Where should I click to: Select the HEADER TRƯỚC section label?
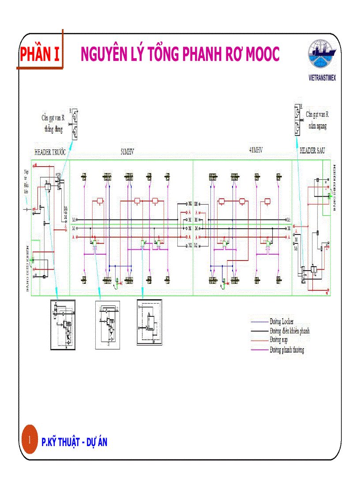coord(50,152)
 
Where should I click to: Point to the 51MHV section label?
coord(127,151)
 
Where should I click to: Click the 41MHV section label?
coord(255,150)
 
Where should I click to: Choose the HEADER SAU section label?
coord(312,151)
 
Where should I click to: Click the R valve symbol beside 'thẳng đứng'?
coord(75,124)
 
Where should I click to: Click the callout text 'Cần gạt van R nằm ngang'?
coord(317,120)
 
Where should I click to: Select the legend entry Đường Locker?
coord(281,322)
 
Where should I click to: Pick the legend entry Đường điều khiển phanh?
coord(289,331)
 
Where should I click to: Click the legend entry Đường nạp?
coord(279,340)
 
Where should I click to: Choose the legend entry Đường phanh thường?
coord(287,350)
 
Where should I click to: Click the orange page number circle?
coord(30,440)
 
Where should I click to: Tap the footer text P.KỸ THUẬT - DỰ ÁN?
coord(74,442)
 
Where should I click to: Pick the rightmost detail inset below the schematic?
coord(150,322)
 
